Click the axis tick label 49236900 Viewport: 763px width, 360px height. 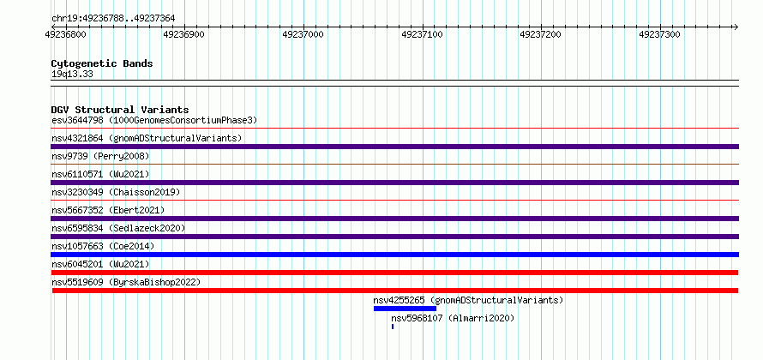[x=184, y=34]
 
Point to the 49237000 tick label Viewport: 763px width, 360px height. [x=303, y=34]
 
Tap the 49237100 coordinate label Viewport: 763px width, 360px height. [x=422, y=34]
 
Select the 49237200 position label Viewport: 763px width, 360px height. [x=541, y=34]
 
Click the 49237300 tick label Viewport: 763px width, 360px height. [x=659, y=34]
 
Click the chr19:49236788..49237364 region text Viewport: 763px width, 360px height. [x=113, y=19]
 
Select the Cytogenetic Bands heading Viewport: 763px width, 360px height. [x=102, y=63]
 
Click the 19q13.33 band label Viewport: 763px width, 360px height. [x=72, y=75]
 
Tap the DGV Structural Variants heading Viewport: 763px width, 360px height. [x=120, y=110]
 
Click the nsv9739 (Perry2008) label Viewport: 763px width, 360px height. [x=100, y=156]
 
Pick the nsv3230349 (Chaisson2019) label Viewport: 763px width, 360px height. [x=116, y=192]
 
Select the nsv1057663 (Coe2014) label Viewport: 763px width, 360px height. [x=103, y=246]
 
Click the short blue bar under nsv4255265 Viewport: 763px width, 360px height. [x=405, y=309]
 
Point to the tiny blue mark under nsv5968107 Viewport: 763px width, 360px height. [x=393, y=327]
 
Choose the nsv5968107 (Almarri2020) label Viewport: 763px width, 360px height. [x=453, y=318]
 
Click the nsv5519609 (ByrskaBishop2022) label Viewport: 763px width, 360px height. [x=126, y=282]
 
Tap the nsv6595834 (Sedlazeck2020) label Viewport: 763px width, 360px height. [x=118, y=228]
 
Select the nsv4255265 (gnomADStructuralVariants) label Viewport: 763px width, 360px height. [x=468, y=300]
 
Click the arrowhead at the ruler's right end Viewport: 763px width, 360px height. [x=736, y=27]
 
